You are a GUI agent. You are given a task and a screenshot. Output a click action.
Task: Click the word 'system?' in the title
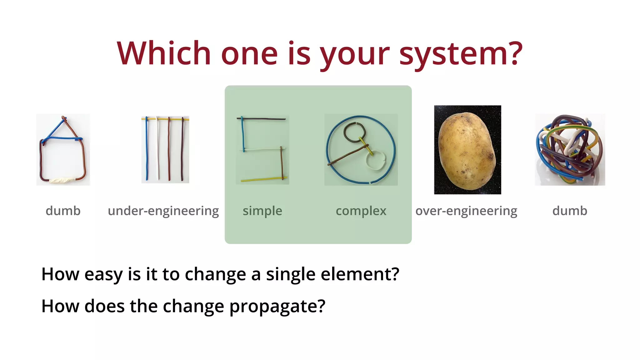461,54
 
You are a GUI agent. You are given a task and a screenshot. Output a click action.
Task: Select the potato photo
467,150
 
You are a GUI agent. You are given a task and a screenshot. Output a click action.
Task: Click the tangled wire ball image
570,149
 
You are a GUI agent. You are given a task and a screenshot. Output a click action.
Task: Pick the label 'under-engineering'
163,211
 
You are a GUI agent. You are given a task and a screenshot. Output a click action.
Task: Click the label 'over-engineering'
466,211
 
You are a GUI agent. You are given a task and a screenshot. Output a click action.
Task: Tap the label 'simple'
262,211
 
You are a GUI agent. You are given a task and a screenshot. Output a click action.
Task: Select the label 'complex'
361,211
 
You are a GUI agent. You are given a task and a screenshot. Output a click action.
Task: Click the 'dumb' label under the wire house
63,211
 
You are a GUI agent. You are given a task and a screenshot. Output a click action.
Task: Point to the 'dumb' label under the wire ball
570,211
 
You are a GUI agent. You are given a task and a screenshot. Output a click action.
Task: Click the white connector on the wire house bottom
62,180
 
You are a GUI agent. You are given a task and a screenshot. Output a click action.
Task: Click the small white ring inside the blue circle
376,161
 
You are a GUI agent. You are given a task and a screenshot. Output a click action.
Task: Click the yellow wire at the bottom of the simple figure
262,179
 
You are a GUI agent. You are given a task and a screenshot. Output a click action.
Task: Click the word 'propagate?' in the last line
277,306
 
